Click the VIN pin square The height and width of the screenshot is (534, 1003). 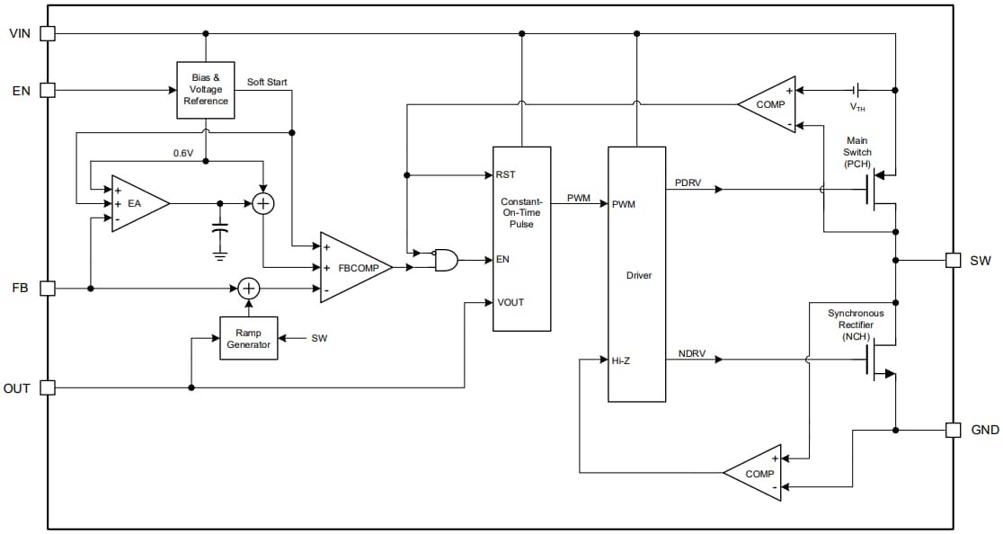(48, 33)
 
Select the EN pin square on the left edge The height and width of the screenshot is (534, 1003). (48, 90)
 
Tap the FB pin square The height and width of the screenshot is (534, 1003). (48, 288)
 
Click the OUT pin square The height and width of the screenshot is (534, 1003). (48, 387)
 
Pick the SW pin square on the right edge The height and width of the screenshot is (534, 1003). (954, 260)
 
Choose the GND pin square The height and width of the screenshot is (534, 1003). (954, 430)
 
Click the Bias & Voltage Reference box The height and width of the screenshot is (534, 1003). (205, 90)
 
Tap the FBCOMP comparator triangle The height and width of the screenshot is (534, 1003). (354, 267)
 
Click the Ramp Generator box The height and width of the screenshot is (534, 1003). (249, 338)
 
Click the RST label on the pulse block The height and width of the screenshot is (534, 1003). (505, 174)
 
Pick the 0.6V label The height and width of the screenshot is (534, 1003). (183, 153)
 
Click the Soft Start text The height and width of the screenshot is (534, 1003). (267, 82)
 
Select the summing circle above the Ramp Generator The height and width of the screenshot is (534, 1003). (249, 288)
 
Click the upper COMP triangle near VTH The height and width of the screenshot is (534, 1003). (767, 104)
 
